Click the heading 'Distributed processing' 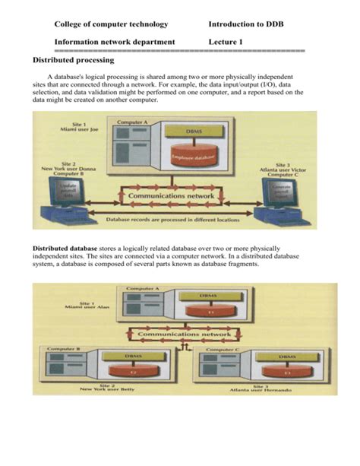coord(73,59)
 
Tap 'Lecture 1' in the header coord(226,42)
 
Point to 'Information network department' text coord(115,42)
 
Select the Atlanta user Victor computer coord(278,201)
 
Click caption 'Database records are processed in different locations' coord(172,220)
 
